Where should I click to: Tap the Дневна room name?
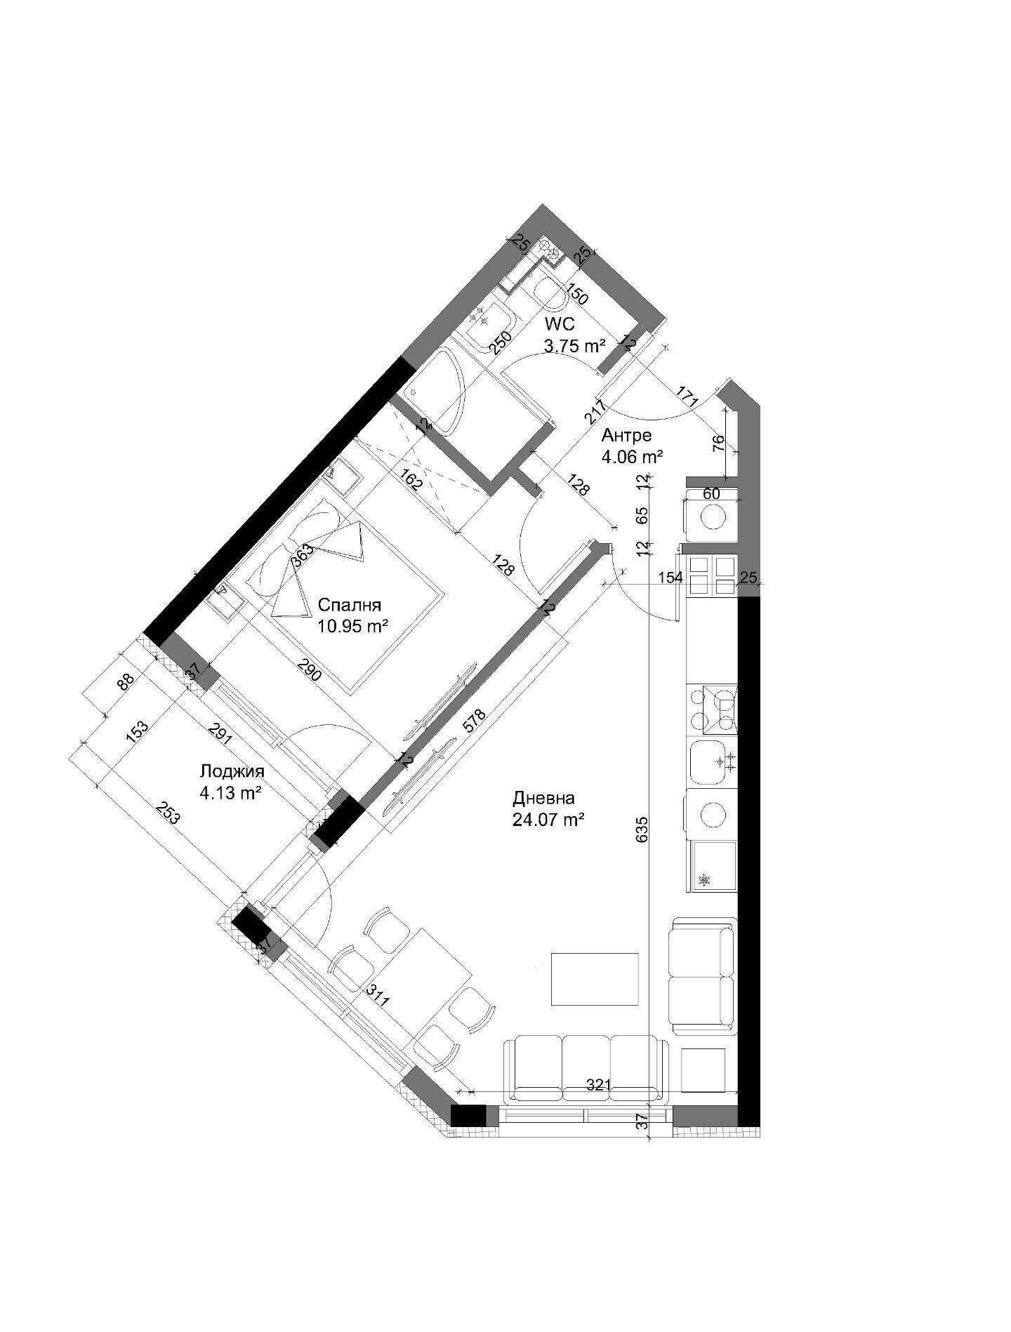[544, 798]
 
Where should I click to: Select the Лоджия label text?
[232, 773]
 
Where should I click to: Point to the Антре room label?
[626, 436]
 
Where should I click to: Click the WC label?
[559, 325]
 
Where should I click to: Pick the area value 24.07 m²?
[550, 819]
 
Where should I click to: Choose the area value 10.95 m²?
[353, 627]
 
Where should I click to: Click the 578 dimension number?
[475, 724]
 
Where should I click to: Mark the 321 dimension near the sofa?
[598, 1085]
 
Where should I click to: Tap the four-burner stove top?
[713, 710]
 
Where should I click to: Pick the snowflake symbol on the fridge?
[704, 879]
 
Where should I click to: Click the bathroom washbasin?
[491, 326]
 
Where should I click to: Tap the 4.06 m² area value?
[633, 457]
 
